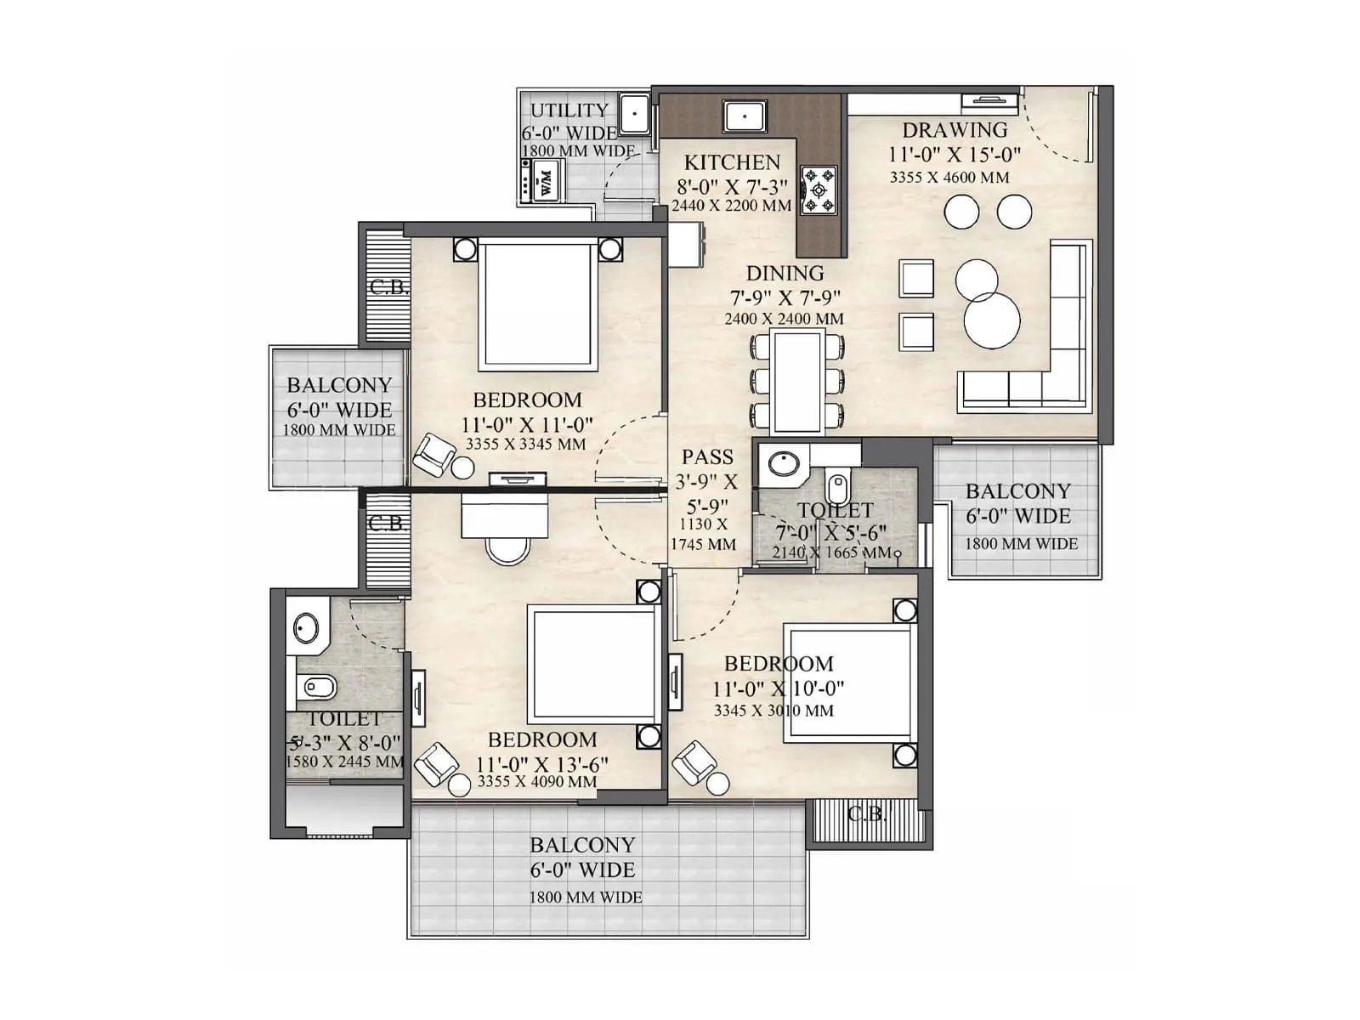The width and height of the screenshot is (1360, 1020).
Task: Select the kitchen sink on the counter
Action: point(745,116)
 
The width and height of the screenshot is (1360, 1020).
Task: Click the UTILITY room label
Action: point(569,110)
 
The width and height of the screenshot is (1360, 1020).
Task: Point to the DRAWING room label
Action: point(954,130)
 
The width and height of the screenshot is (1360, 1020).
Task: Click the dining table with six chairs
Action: point(796,382)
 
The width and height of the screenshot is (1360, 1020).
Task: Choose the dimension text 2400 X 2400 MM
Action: point(784,319)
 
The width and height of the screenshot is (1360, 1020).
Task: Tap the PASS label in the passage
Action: point(706,456)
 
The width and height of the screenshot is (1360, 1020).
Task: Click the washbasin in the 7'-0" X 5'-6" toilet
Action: point(783,464)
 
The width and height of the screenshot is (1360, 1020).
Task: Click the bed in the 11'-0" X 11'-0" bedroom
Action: point(536,305)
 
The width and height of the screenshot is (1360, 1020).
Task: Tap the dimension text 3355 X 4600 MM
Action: point(949,178)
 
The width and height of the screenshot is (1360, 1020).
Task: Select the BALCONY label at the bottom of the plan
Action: point(582,845)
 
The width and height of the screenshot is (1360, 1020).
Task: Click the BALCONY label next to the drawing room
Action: point(1017,491)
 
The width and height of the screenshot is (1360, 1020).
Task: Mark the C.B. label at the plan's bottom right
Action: point(866,814)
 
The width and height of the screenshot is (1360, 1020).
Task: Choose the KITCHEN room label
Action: point(732,162)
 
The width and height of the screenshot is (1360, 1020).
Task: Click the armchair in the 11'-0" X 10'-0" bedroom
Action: point(693,762)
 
